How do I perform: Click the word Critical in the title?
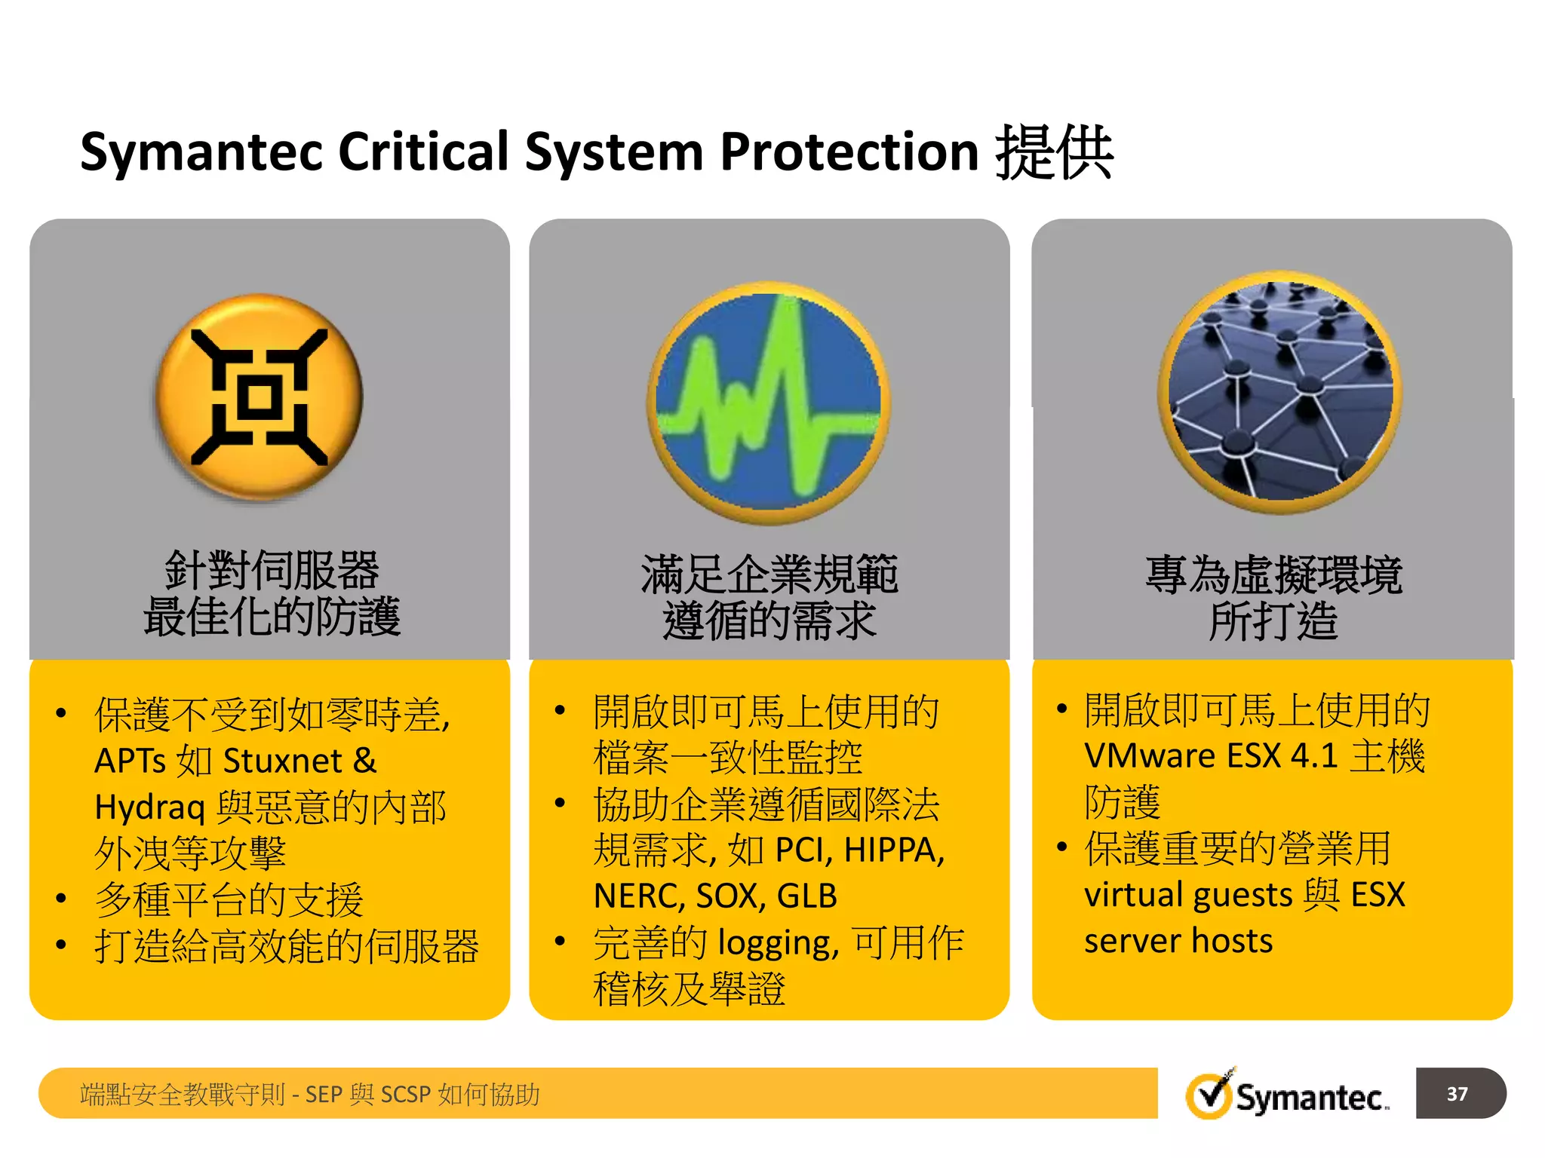click(x=423, y=152)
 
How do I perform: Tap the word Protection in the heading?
click(x=849, y=152)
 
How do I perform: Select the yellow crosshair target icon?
click(x=259, y=397)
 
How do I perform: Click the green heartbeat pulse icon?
click(x=768, y=403)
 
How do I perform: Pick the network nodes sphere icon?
click(x=1279, y=392)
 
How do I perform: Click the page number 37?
click(x=1457, y=1093)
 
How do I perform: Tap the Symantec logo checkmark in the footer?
click(x=1210, y=1095)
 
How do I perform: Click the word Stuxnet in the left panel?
click(x=283, y=761)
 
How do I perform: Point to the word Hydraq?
click(x=150, y=808)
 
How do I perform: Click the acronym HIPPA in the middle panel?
click(x=894, y=850)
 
